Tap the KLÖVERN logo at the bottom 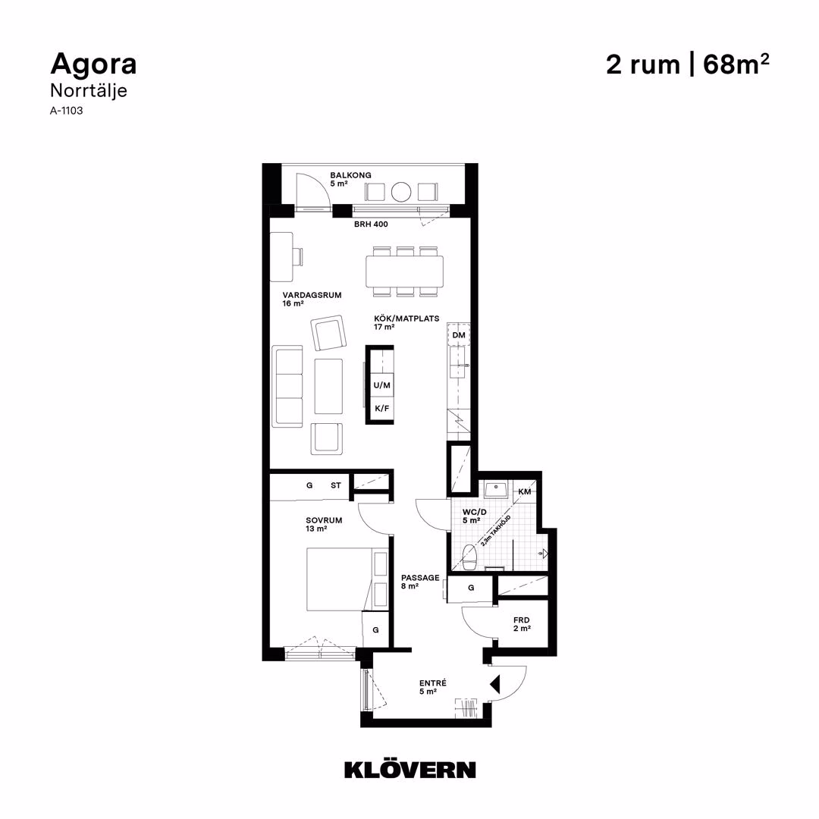point(410,770)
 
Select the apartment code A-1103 point(66,111)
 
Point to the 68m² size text point(736,64)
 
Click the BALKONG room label point(350,175)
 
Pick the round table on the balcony point(401,192)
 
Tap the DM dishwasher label point(459,335)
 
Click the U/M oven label point(381,385)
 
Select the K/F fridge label point(381,408)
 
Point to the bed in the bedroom point(347,579)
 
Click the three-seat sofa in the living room point(287,386)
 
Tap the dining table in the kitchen point(405,271)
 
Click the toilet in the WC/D point(469,557)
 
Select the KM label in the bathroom point(525,491)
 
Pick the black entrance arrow point(494,684)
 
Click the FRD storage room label point(521,620)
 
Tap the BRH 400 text point(371,224)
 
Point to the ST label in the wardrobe point(335,485)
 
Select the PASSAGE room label point(420,578)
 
